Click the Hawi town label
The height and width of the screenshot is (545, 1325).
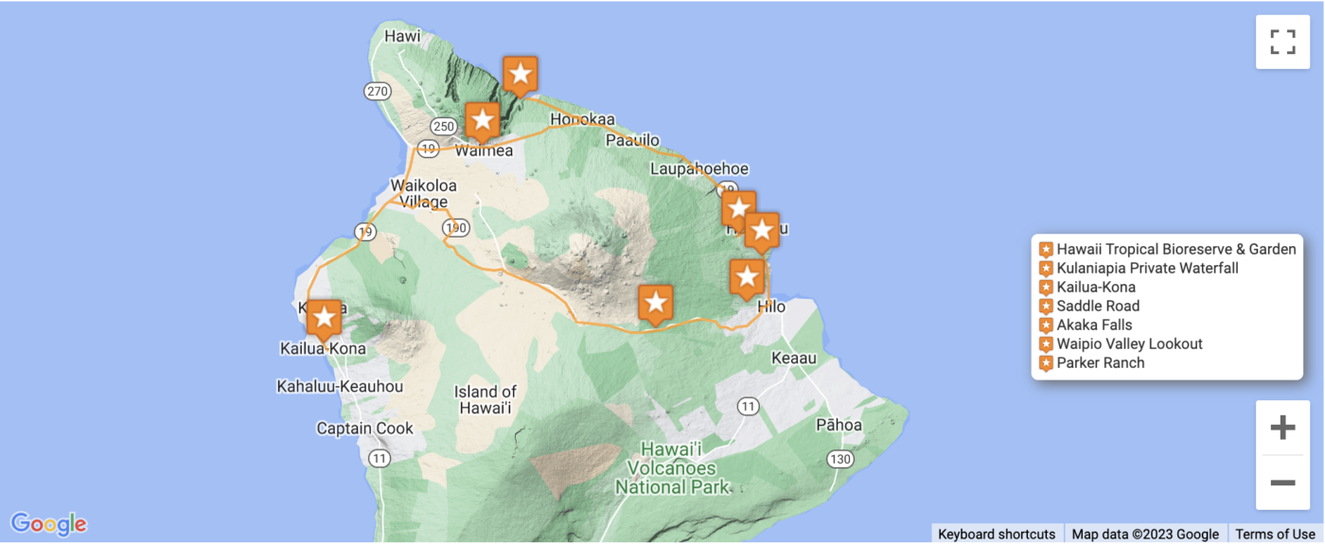pos(402,36)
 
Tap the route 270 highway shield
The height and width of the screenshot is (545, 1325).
pos(377,91)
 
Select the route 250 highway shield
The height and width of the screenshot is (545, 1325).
pos(442,126)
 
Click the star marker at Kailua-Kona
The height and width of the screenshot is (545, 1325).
pos(324,317)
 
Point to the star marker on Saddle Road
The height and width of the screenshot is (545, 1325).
pos(656,304)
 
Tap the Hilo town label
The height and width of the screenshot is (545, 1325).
pos(771,307)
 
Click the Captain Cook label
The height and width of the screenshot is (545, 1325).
pos(364,429)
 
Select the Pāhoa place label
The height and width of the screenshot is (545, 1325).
pos(839,425)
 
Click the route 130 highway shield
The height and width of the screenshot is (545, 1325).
pos(839,459)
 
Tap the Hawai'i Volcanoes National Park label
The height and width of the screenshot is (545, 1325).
pos(672,468)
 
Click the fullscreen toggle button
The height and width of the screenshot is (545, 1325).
pos(1282,42)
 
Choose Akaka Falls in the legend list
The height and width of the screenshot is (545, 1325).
pos(1094,325)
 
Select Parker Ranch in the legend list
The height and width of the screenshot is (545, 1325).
pos(1100,362)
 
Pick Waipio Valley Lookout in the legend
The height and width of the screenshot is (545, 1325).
pos(1129,343)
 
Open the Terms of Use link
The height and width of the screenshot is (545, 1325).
pos(1275,534)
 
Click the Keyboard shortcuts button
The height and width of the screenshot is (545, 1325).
pos(997,534)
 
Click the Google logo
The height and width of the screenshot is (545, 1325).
pos(49,523)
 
